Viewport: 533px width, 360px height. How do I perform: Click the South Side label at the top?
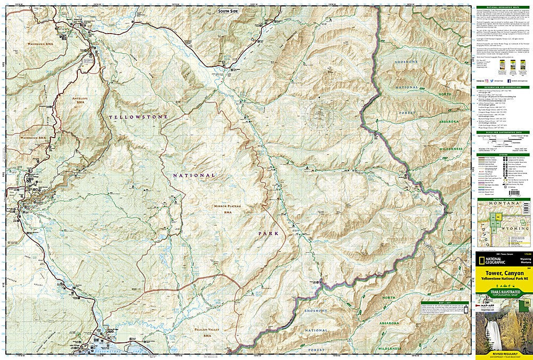tap(230, 11)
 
